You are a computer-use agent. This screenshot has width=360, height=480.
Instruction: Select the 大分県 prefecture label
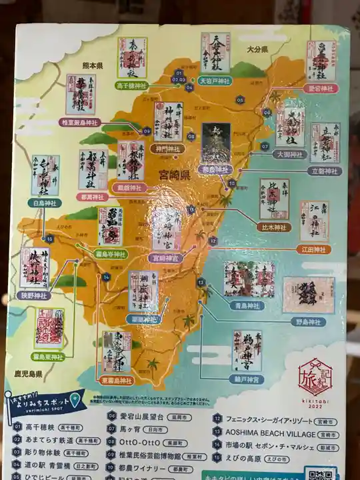pos(256,49)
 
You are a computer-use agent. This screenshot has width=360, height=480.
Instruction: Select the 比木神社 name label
pos(274,227)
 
